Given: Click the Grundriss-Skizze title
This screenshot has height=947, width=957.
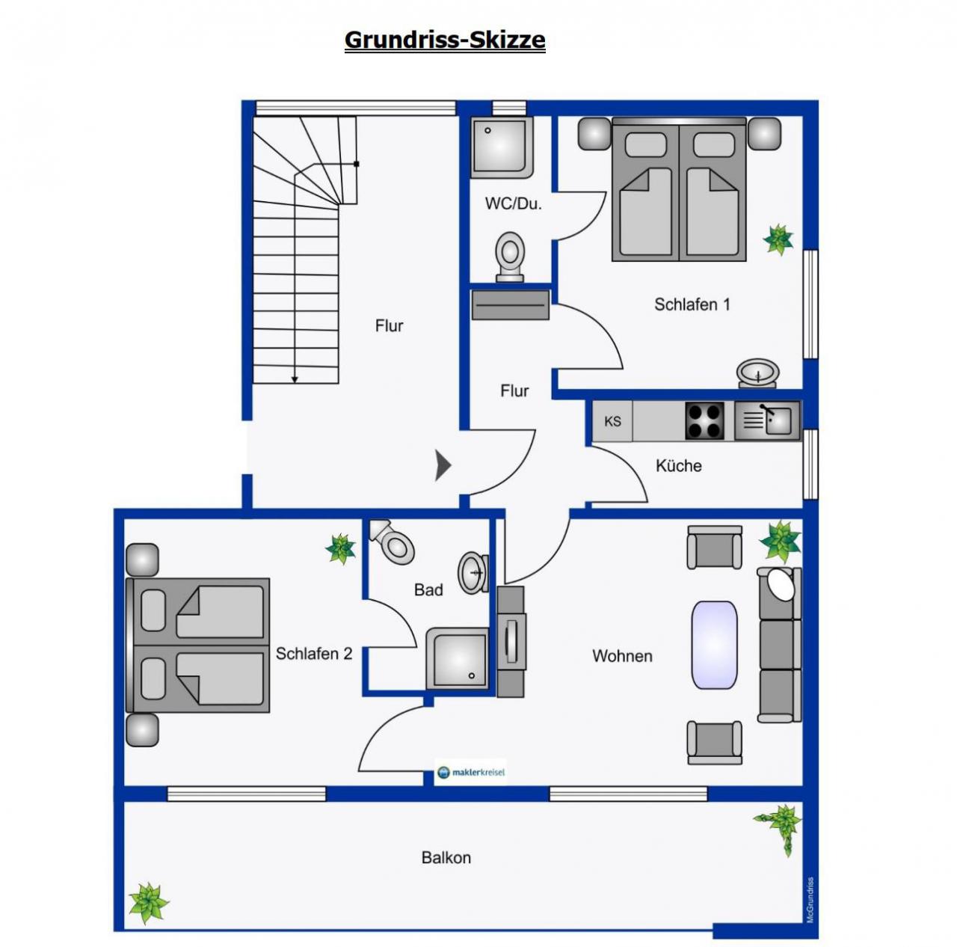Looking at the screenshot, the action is (444, 40).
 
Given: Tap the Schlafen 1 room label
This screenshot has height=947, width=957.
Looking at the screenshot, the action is (692, 304).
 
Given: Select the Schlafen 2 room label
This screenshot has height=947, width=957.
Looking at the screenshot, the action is (314, 653).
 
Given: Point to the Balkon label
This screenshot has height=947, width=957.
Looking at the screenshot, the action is (446, 857).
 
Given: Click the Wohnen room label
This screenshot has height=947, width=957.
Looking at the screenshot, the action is (622, 656).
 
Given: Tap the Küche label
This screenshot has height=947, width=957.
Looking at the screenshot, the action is (678, 465).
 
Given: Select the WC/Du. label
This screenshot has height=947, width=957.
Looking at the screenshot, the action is (513, 203).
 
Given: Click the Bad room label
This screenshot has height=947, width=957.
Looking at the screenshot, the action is (428, 589).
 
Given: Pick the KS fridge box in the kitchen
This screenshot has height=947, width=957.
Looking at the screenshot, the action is (612, 421).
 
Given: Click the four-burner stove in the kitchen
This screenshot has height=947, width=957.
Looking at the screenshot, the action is (704, 420).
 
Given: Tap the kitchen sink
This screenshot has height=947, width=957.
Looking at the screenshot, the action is (767, 420).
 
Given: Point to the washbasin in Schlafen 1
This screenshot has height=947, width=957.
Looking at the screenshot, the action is (757, 373).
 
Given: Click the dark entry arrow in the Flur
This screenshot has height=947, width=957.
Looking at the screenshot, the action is (443, 465).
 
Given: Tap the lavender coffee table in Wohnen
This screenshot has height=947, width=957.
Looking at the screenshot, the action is (714, 646).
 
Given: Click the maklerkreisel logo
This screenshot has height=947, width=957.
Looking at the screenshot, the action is (471, 772).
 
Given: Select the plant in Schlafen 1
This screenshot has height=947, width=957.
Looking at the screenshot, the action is (778, 239).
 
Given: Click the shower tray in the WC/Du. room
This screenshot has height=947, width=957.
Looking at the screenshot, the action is (502, 147).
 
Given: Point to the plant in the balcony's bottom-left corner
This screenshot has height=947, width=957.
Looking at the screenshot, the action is (148, 902).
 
